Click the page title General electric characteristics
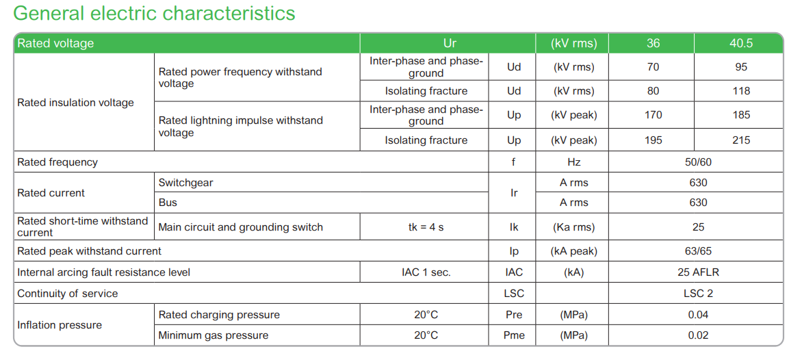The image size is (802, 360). [154, 13]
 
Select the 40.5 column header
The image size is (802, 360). [740, 43]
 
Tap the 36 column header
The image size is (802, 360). [653, 43]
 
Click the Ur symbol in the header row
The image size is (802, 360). [450, 43]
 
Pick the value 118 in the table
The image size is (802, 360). [740, 91]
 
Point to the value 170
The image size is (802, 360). [653, 115]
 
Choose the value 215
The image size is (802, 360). [740, 140]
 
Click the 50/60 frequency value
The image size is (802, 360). [698, 162]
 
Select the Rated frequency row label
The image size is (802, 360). [57, 162]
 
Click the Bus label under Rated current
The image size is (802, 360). [168, 203]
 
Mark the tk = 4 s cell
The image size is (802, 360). [422, 227]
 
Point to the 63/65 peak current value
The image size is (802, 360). [698, 251]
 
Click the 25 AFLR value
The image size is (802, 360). [698, 272]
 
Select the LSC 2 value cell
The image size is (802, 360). [698, 294]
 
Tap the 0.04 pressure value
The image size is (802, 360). [698, 315]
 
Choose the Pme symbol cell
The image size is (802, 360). [513, 335]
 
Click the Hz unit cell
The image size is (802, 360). [574, 162]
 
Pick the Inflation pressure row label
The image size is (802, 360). [60, 325]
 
